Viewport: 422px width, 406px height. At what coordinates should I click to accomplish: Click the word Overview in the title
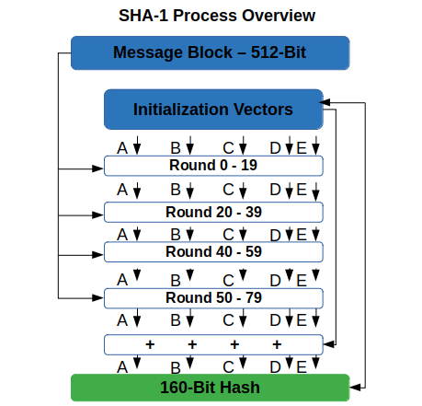(x=279, y=16)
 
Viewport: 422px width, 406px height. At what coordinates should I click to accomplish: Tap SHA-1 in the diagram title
(x=143, y=16)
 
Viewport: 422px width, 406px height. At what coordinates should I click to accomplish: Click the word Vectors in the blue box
(x=263, y=110)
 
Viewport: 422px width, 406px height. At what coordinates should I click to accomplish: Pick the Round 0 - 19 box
(x=213, y=166)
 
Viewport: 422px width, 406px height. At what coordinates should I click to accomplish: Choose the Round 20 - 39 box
(x=213, y=212)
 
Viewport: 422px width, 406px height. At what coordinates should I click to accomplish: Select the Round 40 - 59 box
(x=213, y=252)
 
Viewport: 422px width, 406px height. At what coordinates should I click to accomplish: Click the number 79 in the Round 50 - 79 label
(x=254, y=297)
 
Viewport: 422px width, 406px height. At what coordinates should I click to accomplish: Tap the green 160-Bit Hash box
(x=211, y=388)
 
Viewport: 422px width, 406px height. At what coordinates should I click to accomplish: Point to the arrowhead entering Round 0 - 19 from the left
(x=98, y=168)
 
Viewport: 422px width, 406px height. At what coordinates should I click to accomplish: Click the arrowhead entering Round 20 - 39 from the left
(x=98, y=215)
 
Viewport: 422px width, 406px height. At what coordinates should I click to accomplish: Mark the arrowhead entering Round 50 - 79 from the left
(x=98, y=297)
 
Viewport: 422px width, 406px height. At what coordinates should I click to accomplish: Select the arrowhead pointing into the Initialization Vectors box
(x=325, y=102)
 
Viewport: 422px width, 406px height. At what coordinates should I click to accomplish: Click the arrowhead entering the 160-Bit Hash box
(x=356, y=388)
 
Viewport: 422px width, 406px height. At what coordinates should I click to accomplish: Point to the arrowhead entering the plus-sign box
(x=329, y=344)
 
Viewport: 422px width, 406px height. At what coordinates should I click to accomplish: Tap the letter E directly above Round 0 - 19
(x=302, y=148)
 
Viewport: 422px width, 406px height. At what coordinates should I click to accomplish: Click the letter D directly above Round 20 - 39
(x=275, y=190)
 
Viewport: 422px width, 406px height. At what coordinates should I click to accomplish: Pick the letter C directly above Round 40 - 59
(x=228, y=235)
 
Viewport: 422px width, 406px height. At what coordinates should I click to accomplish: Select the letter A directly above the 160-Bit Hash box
(x=122, y=367)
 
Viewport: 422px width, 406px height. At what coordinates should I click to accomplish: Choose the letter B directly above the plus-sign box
(x=176, y=320)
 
